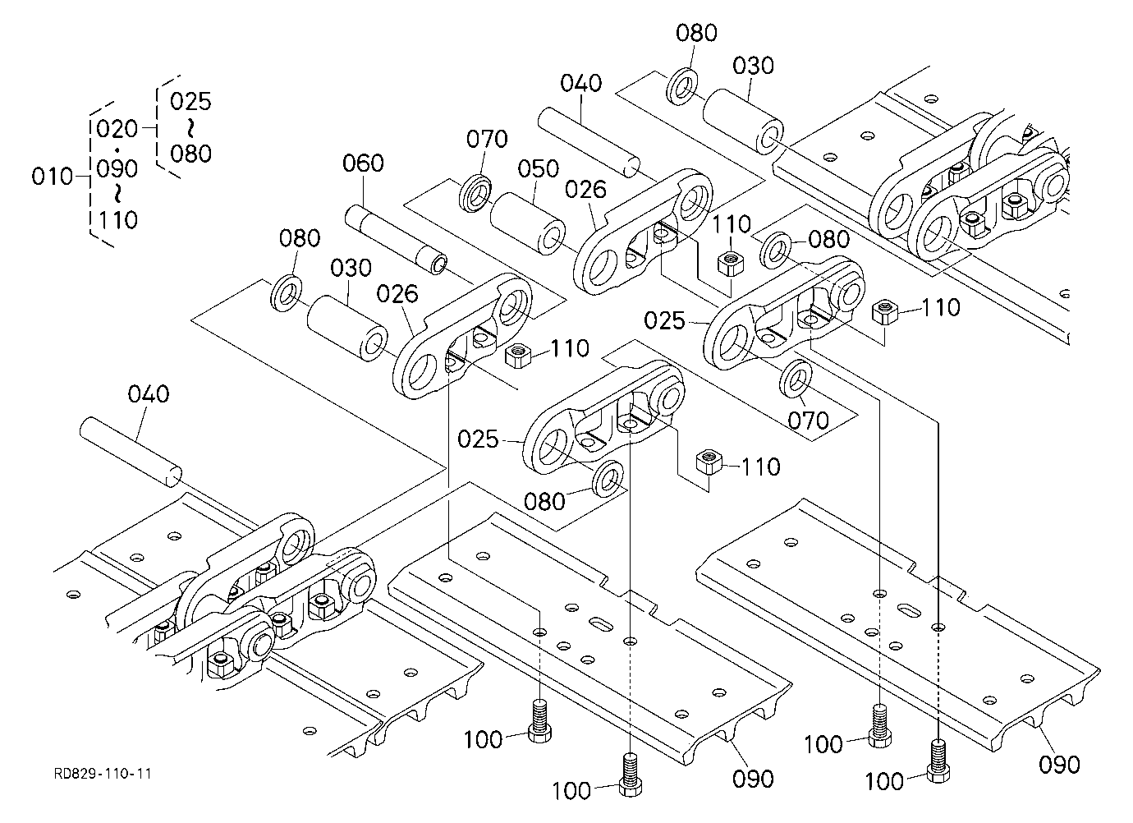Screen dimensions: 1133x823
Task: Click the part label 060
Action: coord(363,163)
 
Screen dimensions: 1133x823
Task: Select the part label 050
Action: coord(539,168)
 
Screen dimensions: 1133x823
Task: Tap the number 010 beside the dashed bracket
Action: coord(52,177)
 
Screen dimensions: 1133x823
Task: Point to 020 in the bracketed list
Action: coord(117,129)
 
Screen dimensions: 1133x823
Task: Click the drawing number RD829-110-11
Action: coord(103,774)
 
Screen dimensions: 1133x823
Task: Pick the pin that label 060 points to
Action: coord(396,238)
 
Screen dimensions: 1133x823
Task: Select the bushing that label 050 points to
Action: coord(528,223)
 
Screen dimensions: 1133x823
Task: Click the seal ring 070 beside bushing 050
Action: coord(475,192)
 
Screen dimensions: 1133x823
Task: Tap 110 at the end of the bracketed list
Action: coord(118,220)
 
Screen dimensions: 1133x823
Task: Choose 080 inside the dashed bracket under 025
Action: coord(190,154)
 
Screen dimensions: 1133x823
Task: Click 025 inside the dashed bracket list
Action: coord(190,101)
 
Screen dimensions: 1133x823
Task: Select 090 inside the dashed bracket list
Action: coord(117,168)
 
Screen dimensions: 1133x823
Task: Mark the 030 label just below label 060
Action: coord(351,268)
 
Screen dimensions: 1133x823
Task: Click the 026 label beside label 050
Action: coord(585,190)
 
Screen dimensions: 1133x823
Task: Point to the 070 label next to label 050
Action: coord(487,139)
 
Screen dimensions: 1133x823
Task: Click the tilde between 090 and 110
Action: coord(117,193)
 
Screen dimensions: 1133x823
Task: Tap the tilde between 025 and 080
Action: coord(190,127)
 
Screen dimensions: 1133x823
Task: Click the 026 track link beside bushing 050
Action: coord(642,231)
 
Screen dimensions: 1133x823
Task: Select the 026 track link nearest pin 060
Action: coord(461,336)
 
